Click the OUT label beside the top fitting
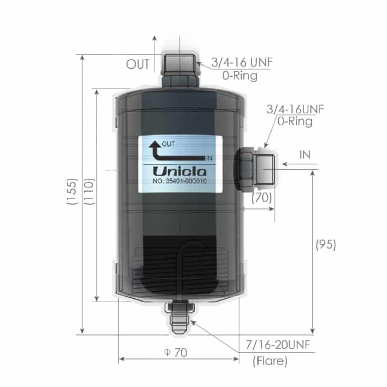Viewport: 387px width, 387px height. click(x=138, y=64)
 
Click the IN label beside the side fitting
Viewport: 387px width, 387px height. click(x=305, y=155)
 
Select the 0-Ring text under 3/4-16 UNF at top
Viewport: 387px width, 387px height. click(x=240, y=76)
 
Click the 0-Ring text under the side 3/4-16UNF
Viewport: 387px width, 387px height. click(x=295, y=121)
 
